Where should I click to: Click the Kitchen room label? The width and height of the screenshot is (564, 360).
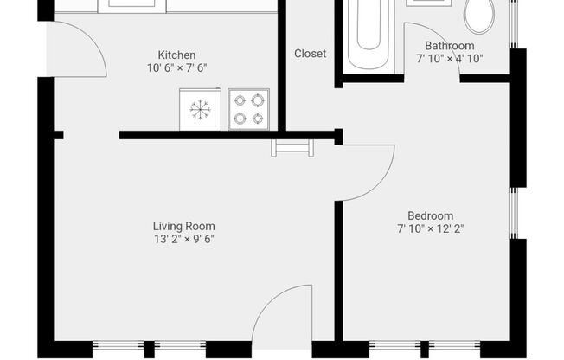pyautogui.click(x=177, y=55)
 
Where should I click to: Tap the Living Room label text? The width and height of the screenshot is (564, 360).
pyautogui.click(x=184, y=227)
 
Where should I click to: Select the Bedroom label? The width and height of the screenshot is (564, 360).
pyautogui.click(x=431, y=216)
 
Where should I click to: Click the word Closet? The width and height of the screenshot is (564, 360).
pyautogui.click(x=310, y=54)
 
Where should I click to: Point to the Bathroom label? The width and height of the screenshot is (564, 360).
pyautogui.click(x=450, y=46)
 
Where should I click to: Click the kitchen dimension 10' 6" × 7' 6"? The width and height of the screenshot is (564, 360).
pyautogui.click(x=177, y=67)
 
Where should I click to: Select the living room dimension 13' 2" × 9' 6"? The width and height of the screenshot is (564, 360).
pyautogui.click(x=184, y=239)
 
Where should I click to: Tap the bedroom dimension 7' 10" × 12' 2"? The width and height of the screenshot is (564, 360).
pyautogui.click(x=431, y=228)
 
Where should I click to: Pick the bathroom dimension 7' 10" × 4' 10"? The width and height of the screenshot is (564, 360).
pyautogui.click(x=450, y=58)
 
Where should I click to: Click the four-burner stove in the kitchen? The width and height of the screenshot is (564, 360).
pyautogui.click(x=249, y=109)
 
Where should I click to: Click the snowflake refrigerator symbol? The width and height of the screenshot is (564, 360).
pyautogui.click(x=201, y=110)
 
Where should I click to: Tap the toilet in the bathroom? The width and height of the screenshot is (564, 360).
pyautogui.click(x=479, y=16)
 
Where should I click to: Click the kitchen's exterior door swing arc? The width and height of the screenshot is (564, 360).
pyautogui.click(x=93, y=39)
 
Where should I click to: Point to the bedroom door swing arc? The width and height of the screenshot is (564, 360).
pyautogui.click(x=382, y=182)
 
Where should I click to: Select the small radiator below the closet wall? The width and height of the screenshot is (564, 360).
pyautogui.click(x=292, y=148)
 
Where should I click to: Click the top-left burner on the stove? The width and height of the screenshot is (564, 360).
pyautogui.click(x=240, y=100)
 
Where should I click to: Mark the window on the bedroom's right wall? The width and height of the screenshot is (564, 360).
pyautogui.click(x=513, y=213)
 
